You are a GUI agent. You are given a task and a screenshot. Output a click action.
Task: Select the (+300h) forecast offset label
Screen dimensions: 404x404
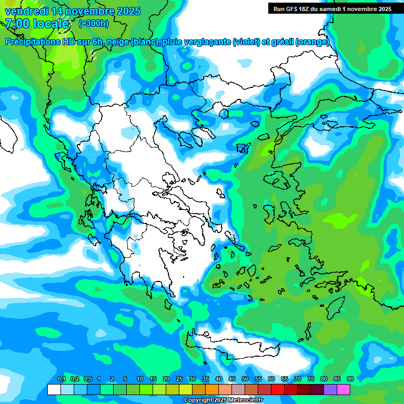[x=94, y=24]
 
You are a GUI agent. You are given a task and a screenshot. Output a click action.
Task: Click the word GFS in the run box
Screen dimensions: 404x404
[x=292, y=9]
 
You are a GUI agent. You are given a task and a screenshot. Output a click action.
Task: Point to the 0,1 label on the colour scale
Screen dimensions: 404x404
[x=61, y=379]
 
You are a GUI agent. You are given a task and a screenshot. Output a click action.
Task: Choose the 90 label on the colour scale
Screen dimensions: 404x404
[x=350, y=379]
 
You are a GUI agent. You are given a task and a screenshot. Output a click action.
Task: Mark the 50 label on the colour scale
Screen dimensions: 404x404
[x=245, y=379]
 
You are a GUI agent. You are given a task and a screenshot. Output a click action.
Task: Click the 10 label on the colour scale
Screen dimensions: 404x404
[x=140, y=379]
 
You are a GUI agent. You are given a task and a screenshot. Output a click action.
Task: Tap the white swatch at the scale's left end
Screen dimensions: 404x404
[x=54, y=389]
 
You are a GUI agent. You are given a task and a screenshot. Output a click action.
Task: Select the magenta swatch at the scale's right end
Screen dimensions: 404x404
[x=344, y=389]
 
